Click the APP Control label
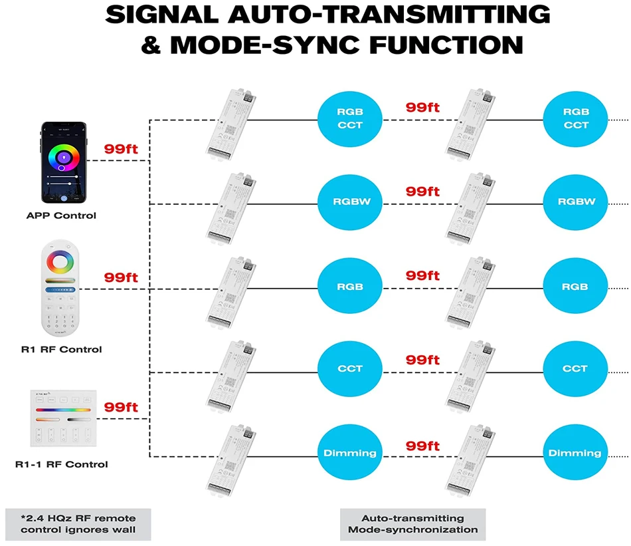[61, 215]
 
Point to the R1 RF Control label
[60, 349]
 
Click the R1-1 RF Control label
[61, 464]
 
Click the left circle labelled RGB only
[350, 287]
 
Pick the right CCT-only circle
[575, 368]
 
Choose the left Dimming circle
[350, 453]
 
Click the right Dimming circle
[575, 453]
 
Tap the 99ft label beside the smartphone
[121, 149]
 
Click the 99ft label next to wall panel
[121, 406]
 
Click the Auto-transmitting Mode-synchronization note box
[412, 524]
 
